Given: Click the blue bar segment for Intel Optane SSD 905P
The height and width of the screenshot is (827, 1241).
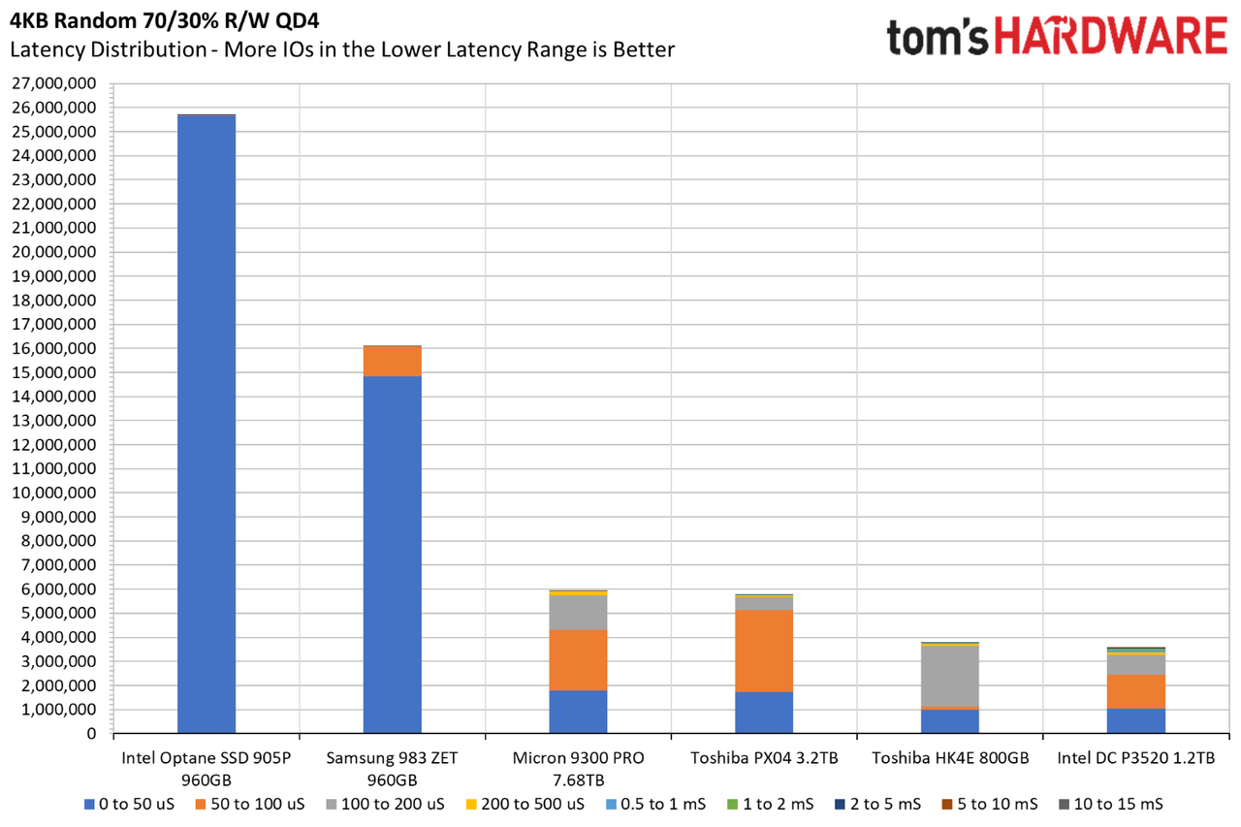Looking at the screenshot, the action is point(207,425).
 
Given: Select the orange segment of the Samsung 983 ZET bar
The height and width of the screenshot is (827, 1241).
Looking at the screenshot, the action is point(393,362).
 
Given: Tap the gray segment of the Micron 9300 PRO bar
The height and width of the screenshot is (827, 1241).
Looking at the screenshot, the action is point(578,613).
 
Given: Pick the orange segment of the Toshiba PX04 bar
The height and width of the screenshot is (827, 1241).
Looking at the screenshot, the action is point(764,651).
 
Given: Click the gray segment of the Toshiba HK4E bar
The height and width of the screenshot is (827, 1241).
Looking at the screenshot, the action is point(949,677).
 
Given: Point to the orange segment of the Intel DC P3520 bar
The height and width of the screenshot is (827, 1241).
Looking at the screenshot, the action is point(1135,692).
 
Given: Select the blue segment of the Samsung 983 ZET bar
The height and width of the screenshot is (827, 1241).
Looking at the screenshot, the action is point(393,555).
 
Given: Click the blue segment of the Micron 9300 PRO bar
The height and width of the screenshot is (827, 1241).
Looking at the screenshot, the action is point(578,712).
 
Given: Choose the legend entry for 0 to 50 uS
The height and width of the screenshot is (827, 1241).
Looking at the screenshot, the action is point(129,805).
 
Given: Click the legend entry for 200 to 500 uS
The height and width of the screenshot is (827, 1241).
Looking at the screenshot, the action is point(525,805).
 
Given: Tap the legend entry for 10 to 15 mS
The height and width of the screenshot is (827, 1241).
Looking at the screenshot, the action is point(1111,805).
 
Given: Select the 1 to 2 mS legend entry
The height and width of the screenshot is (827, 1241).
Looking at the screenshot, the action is point(771,805).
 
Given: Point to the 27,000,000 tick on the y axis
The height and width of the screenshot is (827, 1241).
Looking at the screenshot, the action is point(53,83).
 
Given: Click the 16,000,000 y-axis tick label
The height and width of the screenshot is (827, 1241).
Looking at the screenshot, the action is point(53,348).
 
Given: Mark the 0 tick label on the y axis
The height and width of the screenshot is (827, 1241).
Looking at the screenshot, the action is point(91,733).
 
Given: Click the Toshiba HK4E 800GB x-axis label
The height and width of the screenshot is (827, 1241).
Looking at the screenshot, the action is point(950,758).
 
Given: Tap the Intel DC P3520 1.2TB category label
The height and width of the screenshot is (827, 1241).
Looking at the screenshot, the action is point(1135,758).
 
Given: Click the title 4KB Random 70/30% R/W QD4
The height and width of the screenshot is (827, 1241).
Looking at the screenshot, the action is point(165,21).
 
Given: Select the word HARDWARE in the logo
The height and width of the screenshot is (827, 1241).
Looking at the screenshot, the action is point(1111,36).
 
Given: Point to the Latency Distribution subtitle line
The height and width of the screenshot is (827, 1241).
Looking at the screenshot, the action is point(342,49).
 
